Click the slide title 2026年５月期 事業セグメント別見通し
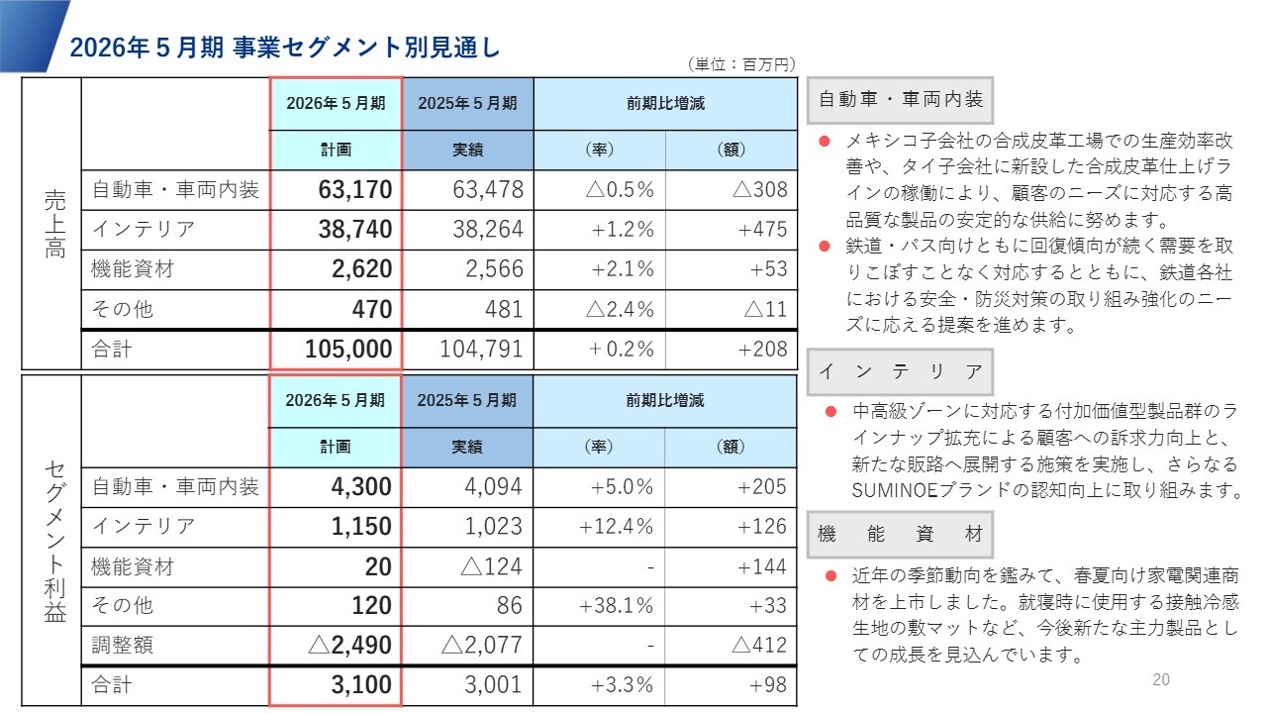pyautogui.click(x=285, y=47)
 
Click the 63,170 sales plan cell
pyautogui.click(x=355, y=190)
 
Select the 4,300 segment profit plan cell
pyautogui.click(x=355, y=487)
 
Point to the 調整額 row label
pyautogui.click(x=123, y=646)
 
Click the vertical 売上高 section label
pyautogui.click(x=54, y=224)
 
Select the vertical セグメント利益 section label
pyautogui.click(x=54, y=541)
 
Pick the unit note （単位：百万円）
pyautogui.click(x=740, y=64)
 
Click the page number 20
pyautogui.click(x=1161, y=679)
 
